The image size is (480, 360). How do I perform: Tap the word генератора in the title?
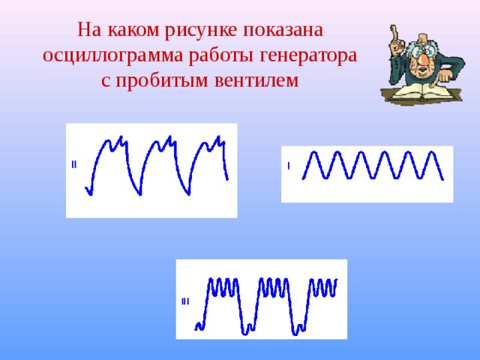308,55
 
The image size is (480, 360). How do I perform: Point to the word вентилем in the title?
256,80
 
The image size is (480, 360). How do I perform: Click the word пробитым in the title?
162,81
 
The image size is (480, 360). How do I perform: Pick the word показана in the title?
283,30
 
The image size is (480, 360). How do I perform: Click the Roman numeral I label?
288,166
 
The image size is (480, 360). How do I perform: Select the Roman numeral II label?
73,164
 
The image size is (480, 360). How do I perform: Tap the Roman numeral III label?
185,301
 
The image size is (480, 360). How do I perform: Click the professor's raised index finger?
394,33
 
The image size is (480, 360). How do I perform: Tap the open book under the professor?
421,93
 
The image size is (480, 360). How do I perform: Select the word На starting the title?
89,30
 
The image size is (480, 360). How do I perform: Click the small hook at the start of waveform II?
88,191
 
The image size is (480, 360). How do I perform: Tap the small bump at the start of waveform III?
199,326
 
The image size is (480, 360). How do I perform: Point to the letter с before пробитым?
106,82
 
